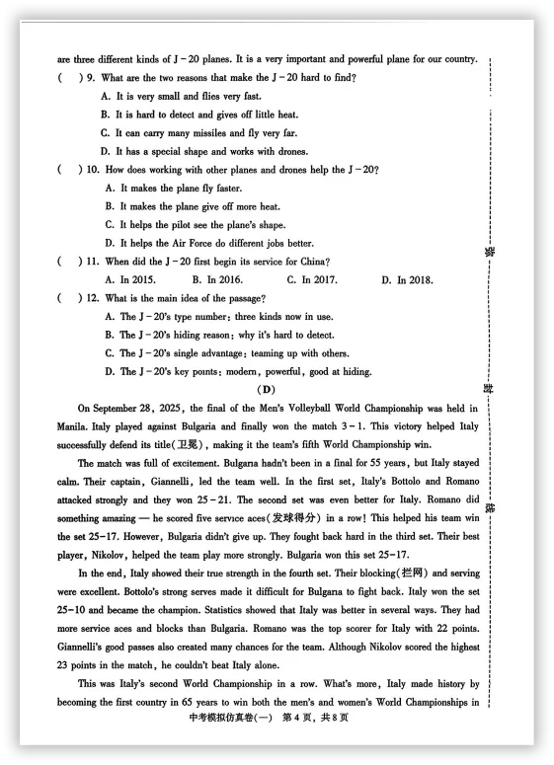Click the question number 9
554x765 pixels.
91,77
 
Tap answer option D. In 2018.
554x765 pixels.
407,279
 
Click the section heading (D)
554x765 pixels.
268,389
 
